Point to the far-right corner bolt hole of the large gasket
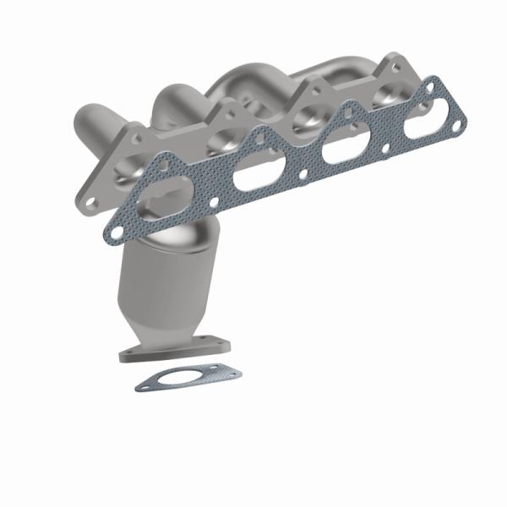[457, 127]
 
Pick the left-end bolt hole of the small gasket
[144, 384]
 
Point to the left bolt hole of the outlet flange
[129, 355]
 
